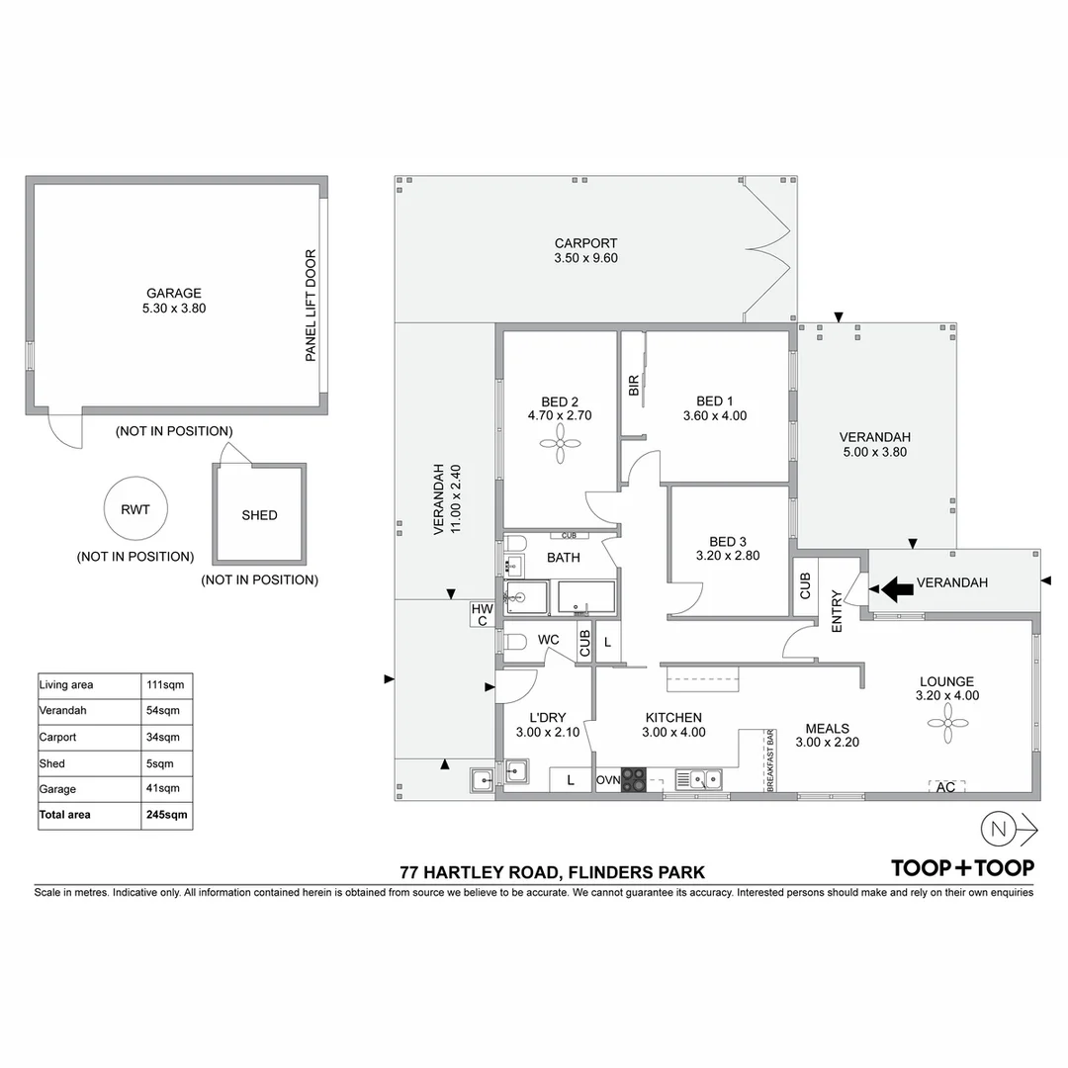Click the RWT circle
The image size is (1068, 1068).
click(x=134, y=510)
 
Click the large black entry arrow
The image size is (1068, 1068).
click(x=897, y=590)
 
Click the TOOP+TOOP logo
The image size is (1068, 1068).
click(x=962, y=868)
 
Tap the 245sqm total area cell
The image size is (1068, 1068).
click(x=166, y=815)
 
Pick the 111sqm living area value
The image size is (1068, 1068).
click(x=166, y=684)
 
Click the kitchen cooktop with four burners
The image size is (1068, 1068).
click(x=634, y=780)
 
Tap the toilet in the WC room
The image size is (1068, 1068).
click(x=513, y=642)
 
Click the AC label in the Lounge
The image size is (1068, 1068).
click(x=946, y=787)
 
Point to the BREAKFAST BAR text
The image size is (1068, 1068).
click(x=769, y=761)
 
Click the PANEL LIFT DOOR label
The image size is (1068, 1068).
click(x=311, y=306)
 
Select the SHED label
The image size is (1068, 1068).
click(x=259, y=515)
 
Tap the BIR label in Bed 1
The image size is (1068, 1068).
click(x=634, y=386)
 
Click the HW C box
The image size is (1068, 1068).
click(x=482, y=614)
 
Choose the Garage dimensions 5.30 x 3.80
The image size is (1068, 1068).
click(x=174, y=308)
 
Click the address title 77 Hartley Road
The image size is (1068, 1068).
click(x=552, y=872)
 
